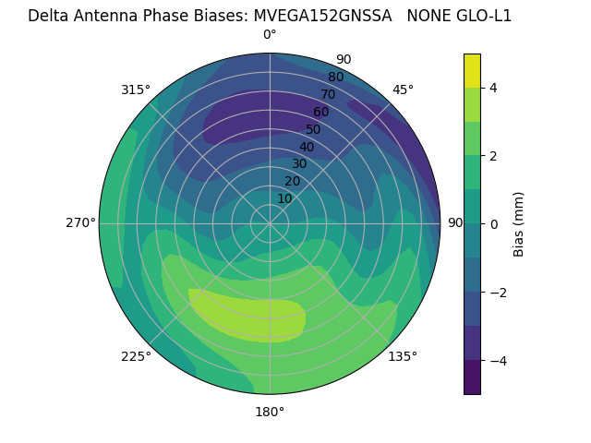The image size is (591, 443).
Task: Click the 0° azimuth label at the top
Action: click(x=270, y=35)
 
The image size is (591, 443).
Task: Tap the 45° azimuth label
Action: click(x=403, y=90)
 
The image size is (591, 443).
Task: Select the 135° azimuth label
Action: click(x=403, y=356)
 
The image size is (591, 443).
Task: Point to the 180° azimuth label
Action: click(x=270, y=412)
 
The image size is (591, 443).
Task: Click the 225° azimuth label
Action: click(x=136, y=356)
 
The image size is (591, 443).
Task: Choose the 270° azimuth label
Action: click(x=80, y=223)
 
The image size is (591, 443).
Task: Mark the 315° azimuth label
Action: click(x=136, y=90)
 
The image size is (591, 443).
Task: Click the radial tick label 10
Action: click(x=284, y=198)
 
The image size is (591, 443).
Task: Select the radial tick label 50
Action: click(x=313, y=129)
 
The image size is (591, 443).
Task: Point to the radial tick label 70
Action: click(x=328, y=94)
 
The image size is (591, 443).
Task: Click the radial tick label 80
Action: click(x=335, y=78)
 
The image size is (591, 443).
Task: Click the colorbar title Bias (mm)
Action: click(x=519, y=224)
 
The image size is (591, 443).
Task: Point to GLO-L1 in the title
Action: click(x=479, y=16)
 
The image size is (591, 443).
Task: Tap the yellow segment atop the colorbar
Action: click(x=472, y=70)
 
